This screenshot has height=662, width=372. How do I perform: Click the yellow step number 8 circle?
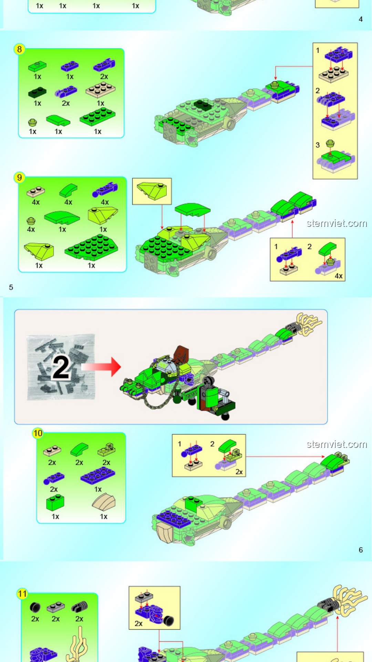(19, 49)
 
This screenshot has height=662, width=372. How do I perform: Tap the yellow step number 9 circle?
(19, 178)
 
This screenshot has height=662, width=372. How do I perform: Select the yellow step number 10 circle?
(38, 433)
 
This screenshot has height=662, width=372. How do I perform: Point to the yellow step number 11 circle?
(22, 594)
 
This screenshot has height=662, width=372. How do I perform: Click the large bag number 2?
(61, 368)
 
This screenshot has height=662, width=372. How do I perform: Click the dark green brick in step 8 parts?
(37, 92)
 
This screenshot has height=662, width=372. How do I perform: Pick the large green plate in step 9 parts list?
(91, 247)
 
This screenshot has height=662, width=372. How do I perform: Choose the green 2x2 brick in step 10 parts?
(55, 503)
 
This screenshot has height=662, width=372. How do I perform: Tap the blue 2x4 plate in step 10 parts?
(98, 475)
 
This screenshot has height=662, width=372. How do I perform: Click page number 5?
(11, 287)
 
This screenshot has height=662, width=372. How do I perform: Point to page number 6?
(361, 550)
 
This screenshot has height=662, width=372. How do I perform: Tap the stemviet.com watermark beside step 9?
(337, 223)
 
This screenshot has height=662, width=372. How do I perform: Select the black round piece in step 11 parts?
(35, 607)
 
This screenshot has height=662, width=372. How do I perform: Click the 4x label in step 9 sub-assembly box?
(339, 276)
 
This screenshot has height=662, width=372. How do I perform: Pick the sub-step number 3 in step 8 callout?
(318, 145)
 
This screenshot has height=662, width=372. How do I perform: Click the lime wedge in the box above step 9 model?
(152, 191)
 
